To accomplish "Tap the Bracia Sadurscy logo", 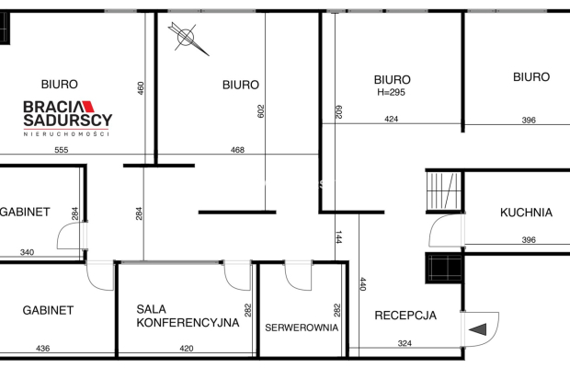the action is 68,119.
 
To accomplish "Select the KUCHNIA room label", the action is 526,213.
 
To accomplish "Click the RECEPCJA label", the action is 405,316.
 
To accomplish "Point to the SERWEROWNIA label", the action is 302,328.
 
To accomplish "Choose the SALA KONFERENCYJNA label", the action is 188,316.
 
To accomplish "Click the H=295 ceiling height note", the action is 391,92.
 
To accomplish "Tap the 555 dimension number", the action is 61,150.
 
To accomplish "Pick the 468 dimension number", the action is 237,150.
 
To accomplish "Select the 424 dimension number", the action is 391,119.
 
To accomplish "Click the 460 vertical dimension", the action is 141,88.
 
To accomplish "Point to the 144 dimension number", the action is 338,237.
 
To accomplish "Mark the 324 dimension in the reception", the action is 405,343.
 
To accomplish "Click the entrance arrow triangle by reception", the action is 478,329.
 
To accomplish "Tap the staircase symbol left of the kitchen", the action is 444,191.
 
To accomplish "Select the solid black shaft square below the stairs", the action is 444,268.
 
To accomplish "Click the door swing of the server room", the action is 298,276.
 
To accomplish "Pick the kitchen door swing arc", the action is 446,231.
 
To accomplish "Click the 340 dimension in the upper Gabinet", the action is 27,252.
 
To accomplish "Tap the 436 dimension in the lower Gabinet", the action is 42,349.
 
